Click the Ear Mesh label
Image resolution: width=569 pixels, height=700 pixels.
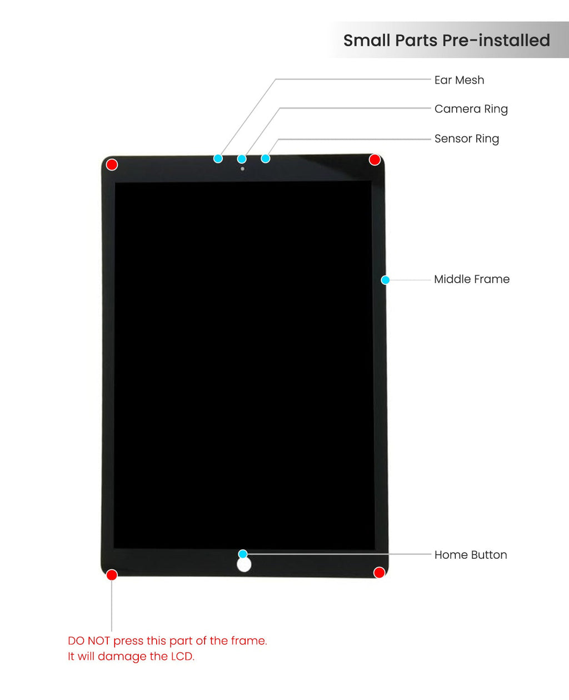[459, 80]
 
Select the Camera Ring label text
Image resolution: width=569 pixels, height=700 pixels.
[471, 109]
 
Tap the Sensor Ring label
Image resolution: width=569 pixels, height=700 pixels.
[466, 139]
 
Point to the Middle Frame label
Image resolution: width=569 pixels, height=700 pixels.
[471, 279]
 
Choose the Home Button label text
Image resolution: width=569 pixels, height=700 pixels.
[470, 555]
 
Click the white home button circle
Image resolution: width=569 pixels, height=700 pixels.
[244, 565]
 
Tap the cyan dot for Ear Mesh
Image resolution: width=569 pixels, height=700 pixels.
[218, 159]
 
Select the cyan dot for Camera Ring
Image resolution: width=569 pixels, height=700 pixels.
[242, 159]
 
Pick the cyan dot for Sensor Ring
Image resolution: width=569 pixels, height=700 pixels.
[266, 159]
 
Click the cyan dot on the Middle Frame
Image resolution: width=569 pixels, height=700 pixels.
[385, 280]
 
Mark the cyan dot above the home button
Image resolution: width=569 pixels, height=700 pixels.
[243, 554]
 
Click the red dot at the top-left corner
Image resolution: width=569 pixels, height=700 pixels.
[112, 165]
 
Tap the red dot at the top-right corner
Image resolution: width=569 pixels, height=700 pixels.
[375, 160]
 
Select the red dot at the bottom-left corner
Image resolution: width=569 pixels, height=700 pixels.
[112, 575]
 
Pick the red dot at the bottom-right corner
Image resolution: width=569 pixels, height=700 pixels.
[379, 573]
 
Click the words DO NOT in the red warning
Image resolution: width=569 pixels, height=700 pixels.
[89, 641]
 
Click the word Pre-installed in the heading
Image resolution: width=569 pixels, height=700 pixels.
[496, 41]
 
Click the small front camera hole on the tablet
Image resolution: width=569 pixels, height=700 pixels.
[242, 169]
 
